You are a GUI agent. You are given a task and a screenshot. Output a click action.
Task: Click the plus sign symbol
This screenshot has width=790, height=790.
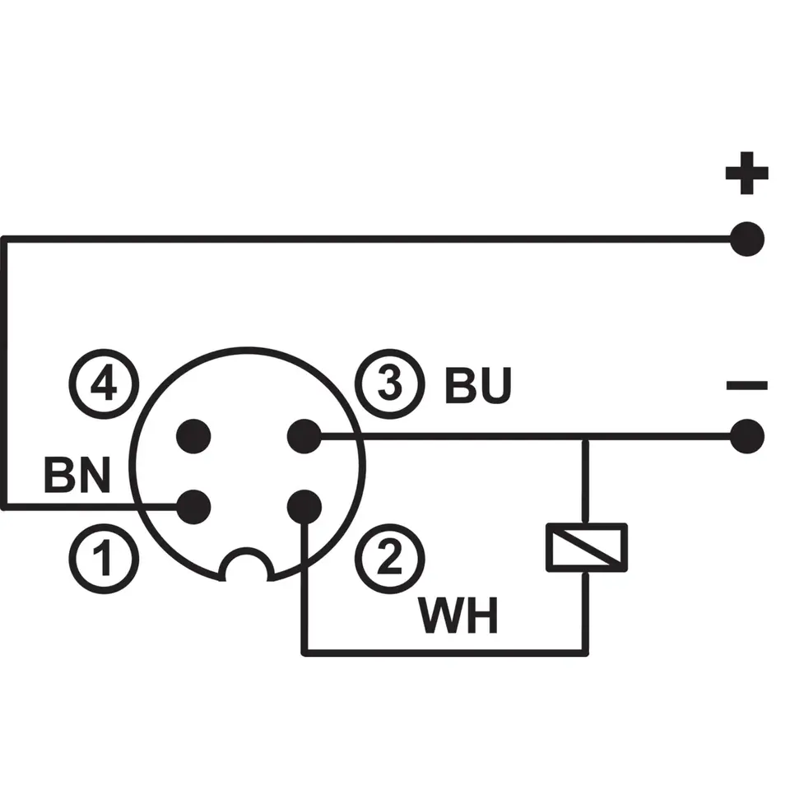click(x=746, y=174)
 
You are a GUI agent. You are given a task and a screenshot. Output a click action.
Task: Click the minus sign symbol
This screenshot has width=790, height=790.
click(x=746, y=385)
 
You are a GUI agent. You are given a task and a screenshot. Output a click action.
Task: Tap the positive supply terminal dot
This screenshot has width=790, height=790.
click(x=746, y=239)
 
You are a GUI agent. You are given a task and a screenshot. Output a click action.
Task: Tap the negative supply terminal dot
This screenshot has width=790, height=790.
click(x=746, y=436)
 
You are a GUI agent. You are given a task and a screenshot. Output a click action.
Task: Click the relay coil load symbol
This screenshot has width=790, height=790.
click(x=587, y=546)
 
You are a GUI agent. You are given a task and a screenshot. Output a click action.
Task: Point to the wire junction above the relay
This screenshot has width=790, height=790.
click(x=586, y=437)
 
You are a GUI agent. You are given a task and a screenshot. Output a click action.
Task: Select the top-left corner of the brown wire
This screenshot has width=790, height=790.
click(x=4, y=239)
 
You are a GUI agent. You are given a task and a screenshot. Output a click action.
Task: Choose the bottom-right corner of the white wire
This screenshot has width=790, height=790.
click(x=586, y=653)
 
